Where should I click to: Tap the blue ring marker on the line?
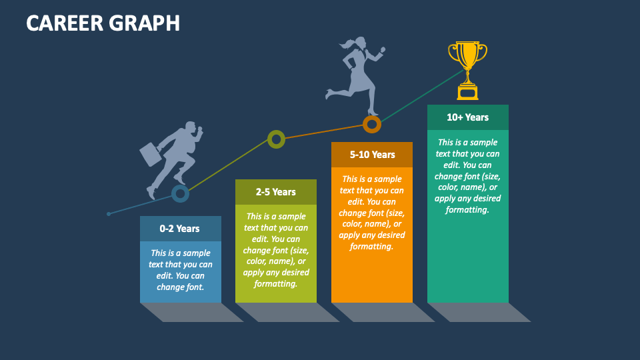[x=180, y=194]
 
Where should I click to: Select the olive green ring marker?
[x=276, y=139]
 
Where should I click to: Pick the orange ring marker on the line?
[x=372, y=124]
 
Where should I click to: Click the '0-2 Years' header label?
[x=180, y=229]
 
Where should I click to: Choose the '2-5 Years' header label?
[x=276, y=192]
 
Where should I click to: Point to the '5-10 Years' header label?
[x=372, y=155]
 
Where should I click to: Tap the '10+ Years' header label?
[x=467, y=117]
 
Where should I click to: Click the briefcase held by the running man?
[x=151, y=154]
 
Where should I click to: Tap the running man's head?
[x=190, y=127]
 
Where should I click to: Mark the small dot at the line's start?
[x=109, y=214]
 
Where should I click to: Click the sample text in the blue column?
[x=180, y=270]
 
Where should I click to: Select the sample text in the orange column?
[x=372, y=212]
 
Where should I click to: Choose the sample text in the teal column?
[x=467, y=176]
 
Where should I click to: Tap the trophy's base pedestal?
[x=467, y=91]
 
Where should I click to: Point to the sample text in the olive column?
[x=276, y=250]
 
